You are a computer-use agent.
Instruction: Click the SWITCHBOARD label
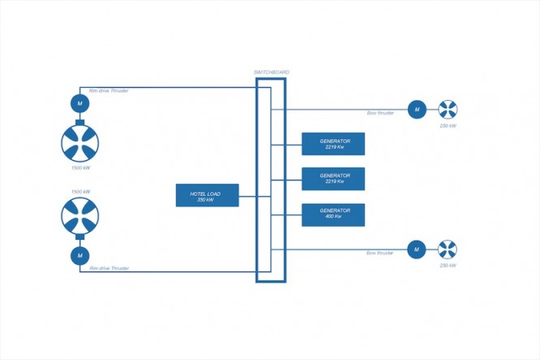point(272,72)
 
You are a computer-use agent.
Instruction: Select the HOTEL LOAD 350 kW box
point(207,195)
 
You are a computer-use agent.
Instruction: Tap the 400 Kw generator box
point(333,215)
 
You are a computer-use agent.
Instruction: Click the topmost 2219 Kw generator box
point(333,143)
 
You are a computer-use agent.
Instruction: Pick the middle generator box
point(333,179)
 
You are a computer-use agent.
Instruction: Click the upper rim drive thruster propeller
point(80,143)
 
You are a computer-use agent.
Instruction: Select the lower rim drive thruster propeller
point(80,218)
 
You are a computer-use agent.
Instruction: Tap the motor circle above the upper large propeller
point(80,103)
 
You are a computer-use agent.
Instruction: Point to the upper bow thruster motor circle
point(415,109)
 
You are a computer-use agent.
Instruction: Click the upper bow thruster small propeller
point(447,109)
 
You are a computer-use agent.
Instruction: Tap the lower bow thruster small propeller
point(447,249)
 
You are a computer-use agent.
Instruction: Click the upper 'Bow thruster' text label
point(380,113)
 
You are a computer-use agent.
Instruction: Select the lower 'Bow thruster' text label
point(380,254)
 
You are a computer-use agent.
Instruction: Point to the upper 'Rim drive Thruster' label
point(109,90)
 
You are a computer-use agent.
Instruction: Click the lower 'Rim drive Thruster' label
point(109,267)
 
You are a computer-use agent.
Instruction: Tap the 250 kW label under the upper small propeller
point(447,126)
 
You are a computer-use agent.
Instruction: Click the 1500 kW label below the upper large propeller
point(80,167)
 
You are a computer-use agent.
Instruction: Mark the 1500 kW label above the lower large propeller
point(80,192)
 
